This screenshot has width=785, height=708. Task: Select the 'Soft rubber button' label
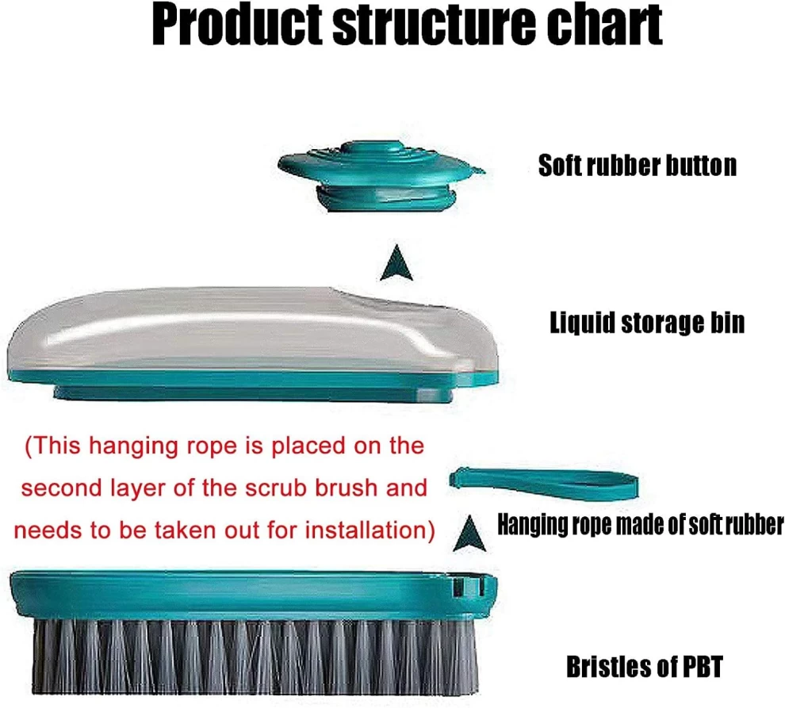click(x=638, y=165)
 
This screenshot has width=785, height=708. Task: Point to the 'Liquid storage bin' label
click(x=647, y=322)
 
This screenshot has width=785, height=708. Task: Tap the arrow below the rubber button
click(x=396, y=263)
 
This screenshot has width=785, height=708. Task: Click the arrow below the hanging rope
click(x=469, y=534)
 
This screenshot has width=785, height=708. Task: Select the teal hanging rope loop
click(x=544, y=483)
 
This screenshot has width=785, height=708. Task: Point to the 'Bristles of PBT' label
click(x=645, y=667)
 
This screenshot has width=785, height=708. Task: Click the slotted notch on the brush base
click(x=468, y=587)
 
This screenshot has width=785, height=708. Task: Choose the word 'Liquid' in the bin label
click(x=582, y=322)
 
